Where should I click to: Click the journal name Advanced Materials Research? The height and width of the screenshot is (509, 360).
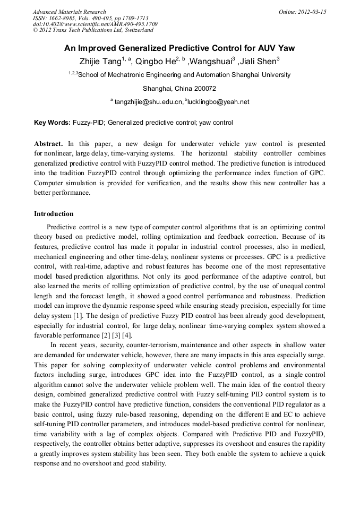coord(69,12)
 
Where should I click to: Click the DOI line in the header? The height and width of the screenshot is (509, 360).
coord(95,24)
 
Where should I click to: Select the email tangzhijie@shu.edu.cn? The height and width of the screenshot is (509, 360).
coord(149,102)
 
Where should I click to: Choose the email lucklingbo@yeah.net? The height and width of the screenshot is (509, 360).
coord(218,102)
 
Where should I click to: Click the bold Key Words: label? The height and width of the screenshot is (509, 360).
coord(52,123)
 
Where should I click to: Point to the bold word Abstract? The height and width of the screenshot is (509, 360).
coord(49,144)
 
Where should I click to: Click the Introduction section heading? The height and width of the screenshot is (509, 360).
coord(54,214)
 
